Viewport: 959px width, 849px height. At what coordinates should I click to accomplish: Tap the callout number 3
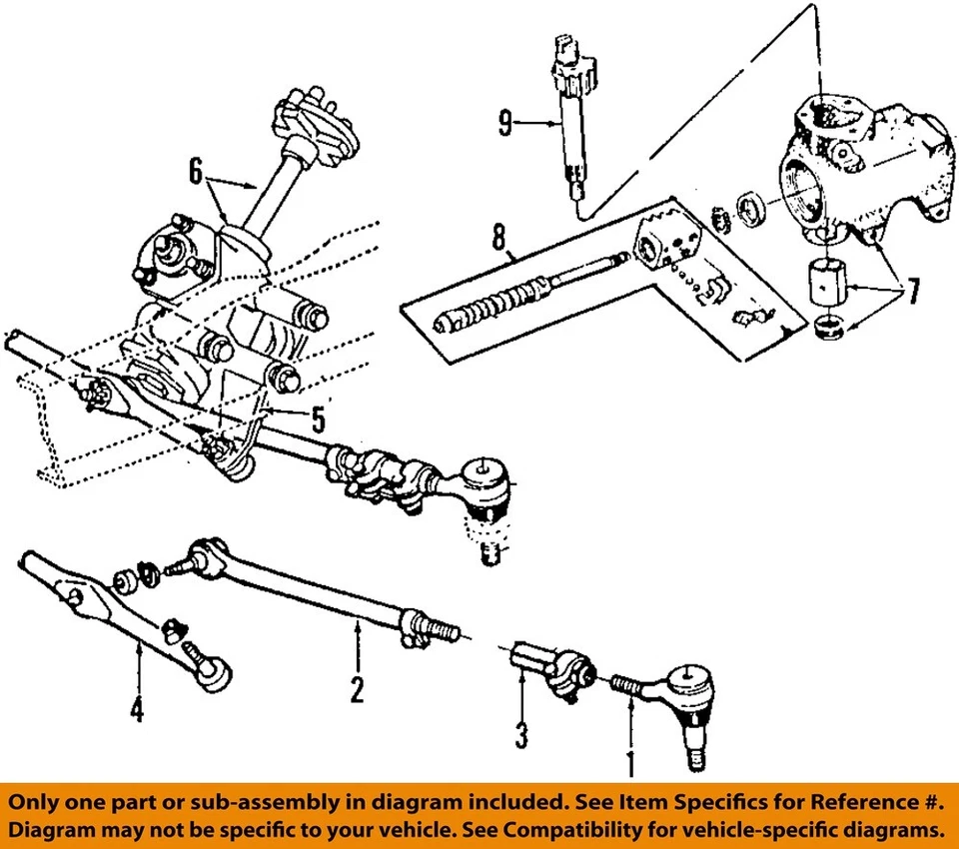521,737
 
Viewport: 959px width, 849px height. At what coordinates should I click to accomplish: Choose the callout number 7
911,294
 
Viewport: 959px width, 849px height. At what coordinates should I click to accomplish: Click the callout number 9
506,124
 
